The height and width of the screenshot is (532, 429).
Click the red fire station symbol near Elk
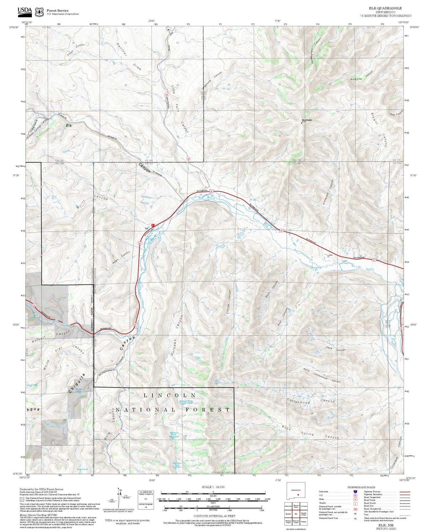153,225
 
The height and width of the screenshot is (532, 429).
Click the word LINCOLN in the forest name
169,395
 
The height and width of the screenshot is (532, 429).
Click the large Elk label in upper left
69,126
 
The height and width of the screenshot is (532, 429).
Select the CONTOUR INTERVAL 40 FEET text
214,516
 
